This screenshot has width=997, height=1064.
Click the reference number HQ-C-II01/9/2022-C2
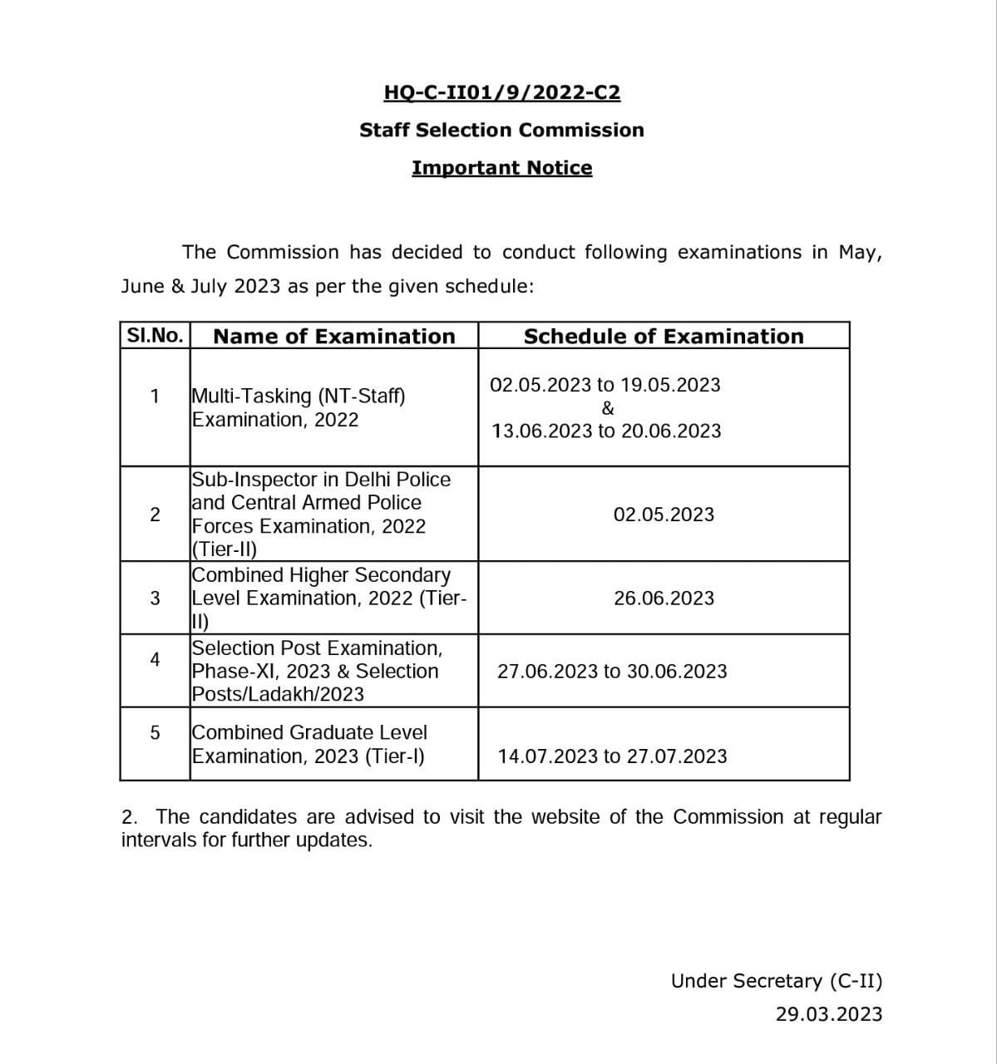pos(501,92)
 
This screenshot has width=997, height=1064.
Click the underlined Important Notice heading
pos(501,168)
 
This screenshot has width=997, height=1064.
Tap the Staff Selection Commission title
pos(501,130)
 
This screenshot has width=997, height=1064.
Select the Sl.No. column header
pos(155,336)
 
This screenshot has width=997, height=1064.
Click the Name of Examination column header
pos(334,337)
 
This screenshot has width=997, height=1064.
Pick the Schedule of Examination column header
pos(664,337)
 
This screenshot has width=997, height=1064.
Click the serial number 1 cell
pos(155,396)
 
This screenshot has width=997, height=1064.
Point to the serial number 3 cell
pos(155,598)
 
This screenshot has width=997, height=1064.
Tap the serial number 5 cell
pos(155,733)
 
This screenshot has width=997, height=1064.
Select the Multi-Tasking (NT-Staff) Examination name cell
pos(299,407)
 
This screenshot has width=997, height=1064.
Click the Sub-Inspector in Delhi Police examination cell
pos(320,514)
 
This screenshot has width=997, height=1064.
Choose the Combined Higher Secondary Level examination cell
pos(328,598)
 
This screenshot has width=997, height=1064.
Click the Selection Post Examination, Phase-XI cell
pos(316,671)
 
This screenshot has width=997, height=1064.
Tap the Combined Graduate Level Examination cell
pos(308,744)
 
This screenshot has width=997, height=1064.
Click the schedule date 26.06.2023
pos(664,598)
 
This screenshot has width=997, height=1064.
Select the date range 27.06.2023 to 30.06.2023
pos(611,672)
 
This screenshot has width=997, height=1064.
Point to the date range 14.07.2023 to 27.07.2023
pos(612,756)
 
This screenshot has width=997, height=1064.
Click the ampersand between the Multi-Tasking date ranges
pos(608,408)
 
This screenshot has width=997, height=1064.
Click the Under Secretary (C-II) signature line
pos(777,981)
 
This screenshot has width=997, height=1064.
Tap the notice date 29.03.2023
pos(828,1014)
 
